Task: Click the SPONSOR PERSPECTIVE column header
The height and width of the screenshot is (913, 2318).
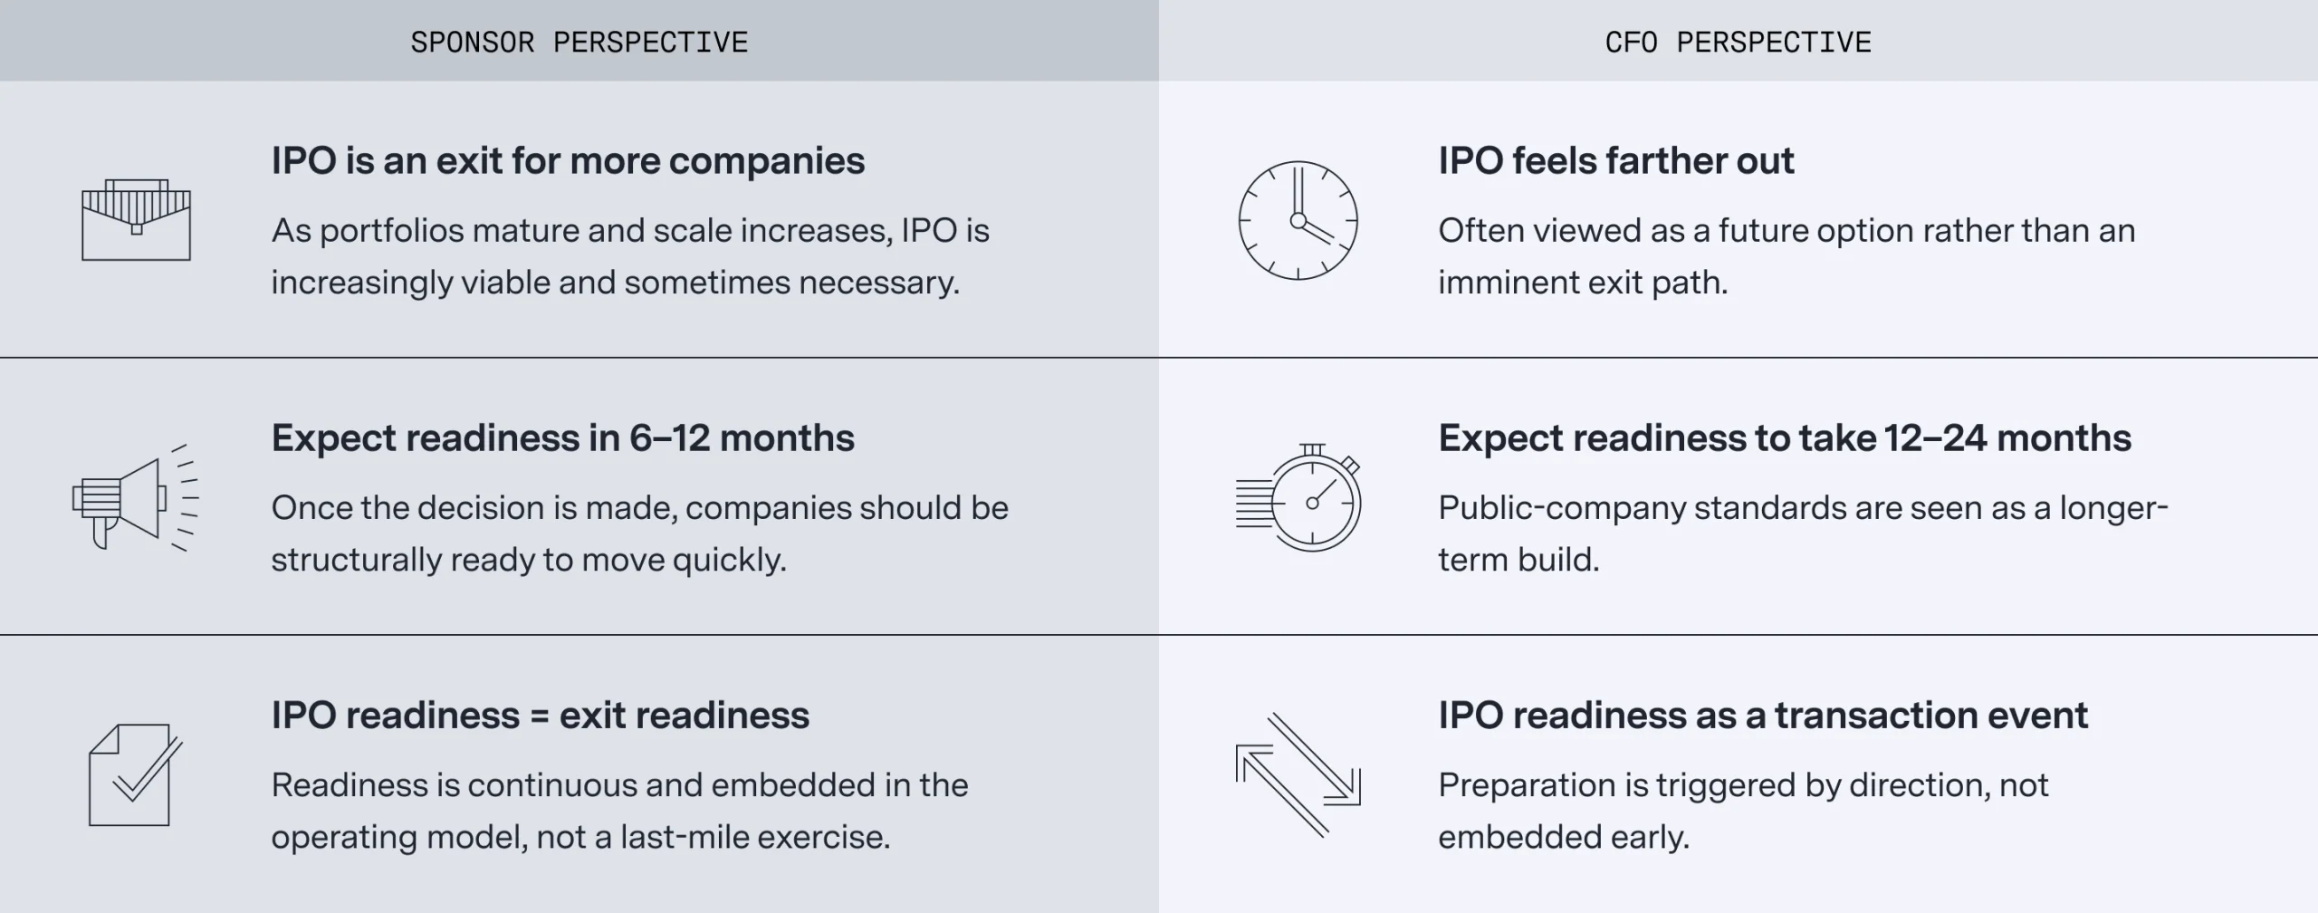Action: [579, 43]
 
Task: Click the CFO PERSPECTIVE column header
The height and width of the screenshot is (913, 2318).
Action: [1738, 43]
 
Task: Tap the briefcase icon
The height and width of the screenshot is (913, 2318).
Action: [136, 220]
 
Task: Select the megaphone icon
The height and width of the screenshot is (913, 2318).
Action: [134, 498]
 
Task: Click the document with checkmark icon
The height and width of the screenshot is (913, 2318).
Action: [134, 774]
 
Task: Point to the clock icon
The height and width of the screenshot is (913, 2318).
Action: [1298, 220]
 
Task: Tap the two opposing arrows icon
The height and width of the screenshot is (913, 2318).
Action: [1298, 774]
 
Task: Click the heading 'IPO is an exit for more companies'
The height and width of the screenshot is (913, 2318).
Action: [568, 161]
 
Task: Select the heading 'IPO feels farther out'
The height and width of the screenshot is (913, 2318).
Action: [1615, 161]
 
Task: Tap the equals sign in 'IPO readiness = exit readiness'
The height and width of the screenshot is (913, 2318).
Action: [540, 716]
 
